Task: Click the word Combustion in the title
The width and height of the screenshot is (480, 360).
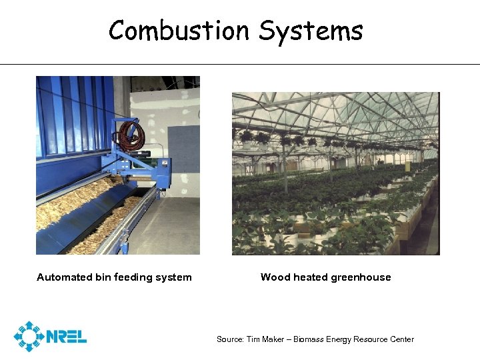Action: [179, 31]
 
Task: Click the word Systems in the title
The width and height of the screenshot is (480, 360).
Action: [311, 31]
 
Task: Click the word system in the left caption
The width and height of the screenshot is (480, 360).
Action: [175, 277]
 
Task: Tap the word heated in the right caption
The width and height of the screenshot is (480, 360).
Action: [309, 277]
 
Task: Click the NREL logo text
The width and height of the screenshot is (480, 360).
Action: [67, 337]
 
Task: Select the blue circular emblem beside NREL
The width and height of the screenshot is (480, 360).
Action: [29, 337]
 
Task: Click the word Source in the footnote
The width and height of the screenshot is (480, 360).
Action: [229, 339]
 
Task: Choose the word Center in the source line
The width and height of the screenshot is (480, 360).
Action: [400, 339]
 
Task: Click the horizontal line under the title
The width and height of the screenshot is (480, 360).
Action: [240, 65]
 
